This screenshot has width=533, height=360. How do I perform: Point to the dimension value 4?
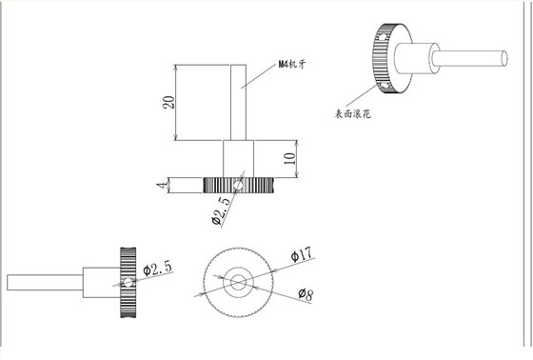162,183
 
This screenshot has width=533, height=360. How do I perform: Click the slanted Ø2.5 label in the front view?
222,210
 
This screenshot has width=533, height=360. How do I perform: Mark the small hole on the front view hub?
243,173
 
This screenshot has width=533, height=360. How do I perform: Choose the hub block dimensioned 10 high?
239,158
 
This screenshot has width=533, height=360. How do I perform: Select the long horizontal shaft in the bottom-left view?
44,283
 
